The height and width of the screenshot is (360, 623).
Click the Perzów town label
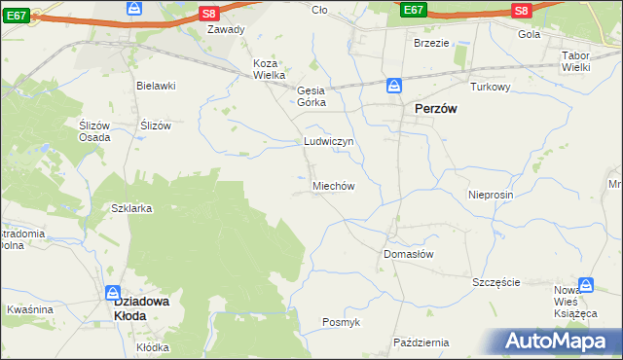click(x=436, y=111)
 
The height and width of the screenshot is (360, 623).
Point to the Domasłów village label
click(x=408, y=253)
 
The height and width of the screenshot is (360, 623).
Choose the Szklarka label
click(x=131, y=209)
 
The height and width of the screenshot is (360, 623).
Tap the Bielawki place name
click(x=156, y=86)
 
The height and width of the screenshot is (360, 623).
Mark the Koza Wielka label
click(x=269, y=69)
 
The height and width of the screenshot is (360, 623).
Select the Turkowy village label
click(x=491, y=87)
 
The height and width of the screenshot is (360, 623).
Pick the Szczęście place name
click(x=496, y=282)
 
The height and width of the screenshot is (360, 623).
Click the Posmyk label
click(x=341, y=322)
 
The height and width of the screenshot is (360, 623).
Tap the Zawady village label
click(x=226, y=29)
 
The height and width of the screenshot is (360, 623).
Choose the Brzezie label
click(x=431, y=44)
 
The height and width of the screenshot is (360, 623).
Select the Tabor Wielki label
click(x=583, y=61)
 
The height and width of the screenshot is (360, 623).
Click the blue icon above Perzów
click(x=394, y=86)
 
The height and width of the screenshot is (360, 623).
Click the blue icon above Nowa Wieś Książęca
click(x=586, y=285)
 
